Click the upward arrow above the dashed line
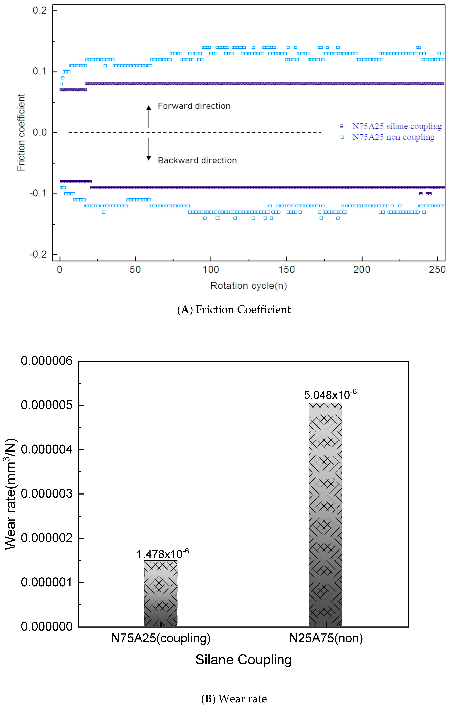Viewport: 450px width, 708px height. pos(149,116)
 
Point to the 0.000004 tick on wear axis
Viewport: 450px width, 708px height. pos(46,450)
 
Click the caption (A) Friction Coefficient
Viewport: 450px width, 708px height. pos(234,310)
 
